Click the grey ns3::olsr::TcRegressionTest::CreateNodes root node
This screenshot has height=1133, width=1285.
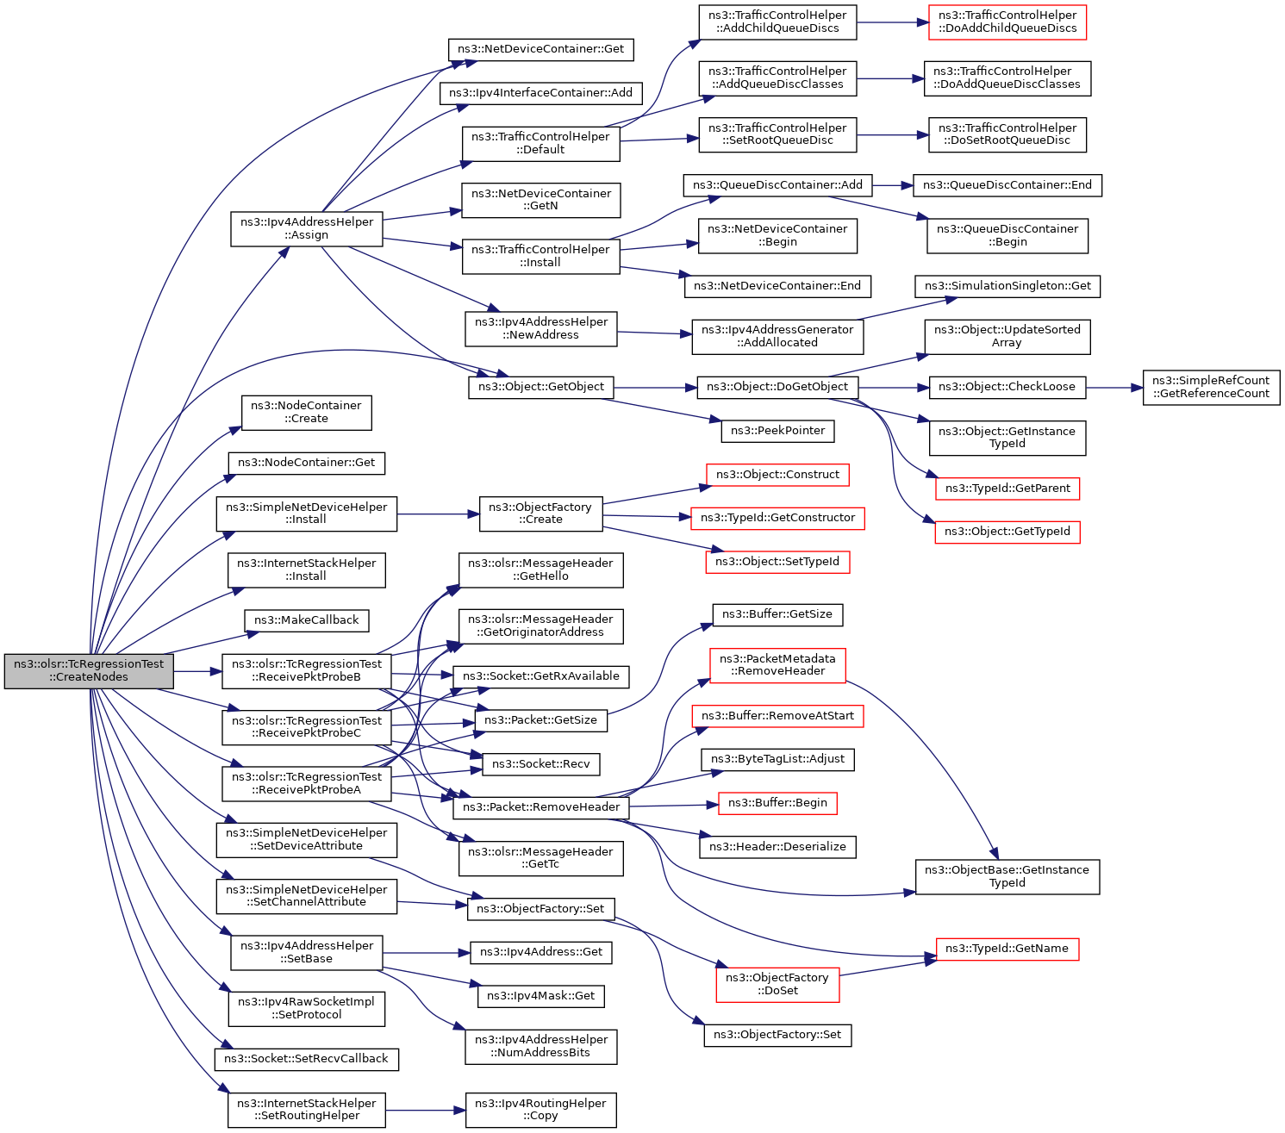[x=89, y=671]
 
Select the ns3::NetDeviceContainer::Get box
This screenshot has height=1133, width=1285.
[x=540, y=49]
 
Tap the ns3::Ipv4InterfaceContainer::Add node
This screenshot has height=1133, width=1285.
[x=540, y=93]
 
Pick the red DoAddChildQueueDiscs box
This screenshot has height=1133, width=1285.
[x=1007, y=22]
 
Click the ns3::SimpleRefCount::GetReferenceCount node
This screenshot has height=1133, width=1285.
[x=1211, y=388]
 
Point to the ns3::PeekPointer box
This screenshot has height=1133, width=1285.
[x=777, y=431]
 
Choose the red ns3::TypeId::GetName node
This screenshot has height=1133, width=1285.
[x=1007, y=949]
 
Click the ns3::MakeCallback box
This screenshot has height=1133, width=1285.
[x=306, y=620]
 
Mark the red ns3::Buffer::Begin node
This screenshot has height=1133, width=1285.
[x=777, y=803]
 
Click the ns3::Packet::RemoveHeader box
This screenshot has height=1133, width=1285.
[x=540, y=807]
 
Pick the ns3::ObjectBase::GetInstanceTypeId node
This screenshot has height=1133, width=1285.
[x=1007, y=877]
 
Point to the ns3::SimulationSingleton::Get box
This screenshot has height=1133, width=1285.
[x=1007, y=287]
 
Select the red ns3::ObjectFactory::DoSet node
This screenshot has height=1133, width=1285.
[x=777, y=985]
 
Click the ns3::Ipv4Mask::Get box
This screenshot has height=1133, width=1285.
[x=540, y=996]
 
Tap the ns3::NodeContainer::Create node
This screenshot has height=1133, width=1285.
[x=306, y=413]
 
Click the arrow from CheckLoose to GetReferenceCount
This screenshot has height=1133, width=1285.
[x=1114, y=388]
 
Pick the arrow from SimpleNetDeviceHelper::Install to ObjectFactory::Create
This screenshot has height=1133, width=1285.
[x=439, y=514]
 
